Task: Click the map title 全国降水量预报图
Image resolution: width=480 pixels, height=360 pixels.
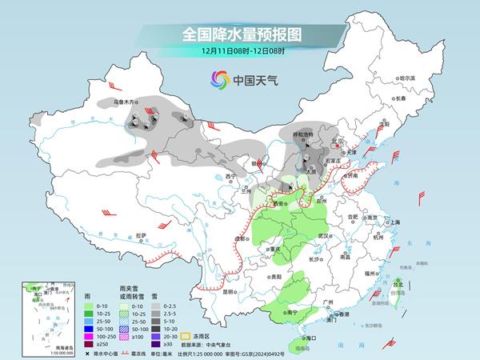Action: pos(239,34)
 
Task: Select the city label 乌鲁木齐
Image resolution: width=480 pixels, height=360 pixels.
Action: pos(126,102)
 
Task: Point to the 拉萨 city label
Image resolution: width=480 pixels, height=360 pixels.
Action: pos(141,235)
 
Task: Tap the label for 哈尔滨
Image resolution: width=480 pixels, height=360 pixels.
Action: pos(408,78)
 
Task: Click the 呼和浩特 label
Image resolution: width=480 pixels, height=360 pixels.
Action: pos(306,135)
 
